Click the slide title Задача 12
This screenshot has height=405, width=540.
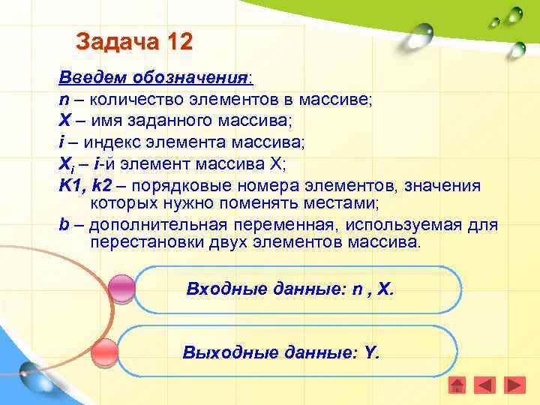click(134, 40)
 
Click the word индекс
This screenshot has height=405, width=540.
click(111, 142)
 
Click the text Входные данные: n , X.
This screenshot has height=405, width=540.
click(289, 289)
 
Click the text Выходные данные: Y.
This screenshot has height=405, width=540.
click(281, 351)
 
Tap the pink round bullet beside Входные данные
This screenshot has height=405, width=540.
click(121, 289)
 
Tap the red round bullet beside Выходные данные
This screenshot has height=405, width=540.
click(105, 351)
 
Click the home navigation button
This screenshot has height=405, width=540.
click(457, 385)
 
